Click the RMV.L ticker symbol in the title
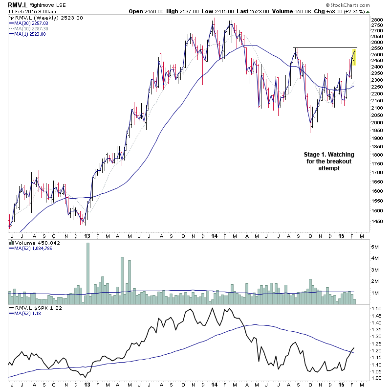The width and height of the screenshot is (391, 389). pyautogui.click(x=18, y=4)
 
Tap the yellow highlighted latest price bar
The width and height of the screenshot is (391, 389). pyautogui.click(x=354, y=57)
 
